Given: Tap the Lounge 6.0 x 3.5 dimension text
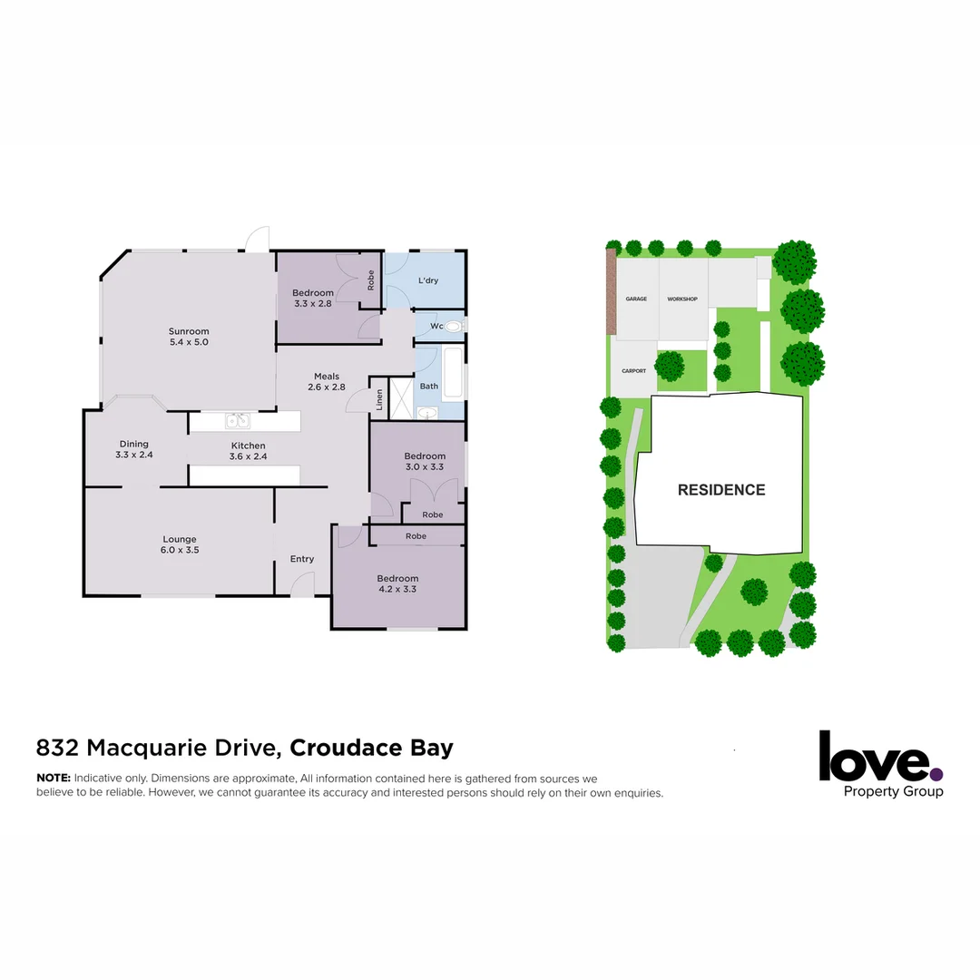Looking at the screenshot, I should pyautogui.click(x=179, y=550).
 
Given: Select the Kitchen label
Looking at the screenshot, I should pyautogui.click(x=248, y=446).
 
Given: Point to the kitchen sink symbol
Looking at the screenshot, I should pyautogui.click(x=238, y=420).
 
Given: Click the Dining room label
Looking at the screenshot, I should pyautogui.click(x=133, y=444).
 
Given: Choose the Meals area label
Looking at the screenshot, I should pyautogui.click(x=327, y=377).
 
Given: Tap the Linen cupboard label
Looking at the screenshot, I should pyautogui.click(x=379, y=400).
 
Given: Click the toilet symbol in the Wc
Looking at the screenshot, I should pyautogui.click(x=455, y=326).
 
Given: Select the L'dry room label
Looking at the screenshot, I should pyautogui.click(x=428, y=280).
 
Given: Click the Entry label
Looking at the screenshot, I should pyautogui.click(x=302, y=559).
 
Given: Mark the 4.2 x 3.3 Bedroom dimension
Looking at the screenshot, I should pyautogui.click(x=397, y=589).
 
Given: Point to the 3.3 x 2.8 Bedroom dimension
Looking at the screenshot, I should pyautogui.click(x=312, y=303).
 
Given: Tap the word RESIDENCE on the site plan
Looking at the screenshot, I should pyautogui.click(x=721, y=490).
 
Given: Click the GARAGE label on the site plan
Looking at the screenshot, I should pyautogui.click(x=636, y=299).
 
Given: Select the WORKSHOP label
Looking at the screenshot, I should pyautogui.click(x=682, y=299).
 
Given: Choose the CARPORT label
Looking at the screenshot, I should pyautogui.click(x=633, y=371).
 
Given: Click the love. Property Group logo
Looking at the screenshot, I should pyautogui.click(x=880, y=764).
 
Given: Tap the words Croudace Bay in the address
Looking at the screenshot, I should pyautogui.click(x=371, y=749).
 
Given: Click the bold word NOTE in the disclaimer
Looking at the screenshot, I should pyautogui.click(x=53, y=779).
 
